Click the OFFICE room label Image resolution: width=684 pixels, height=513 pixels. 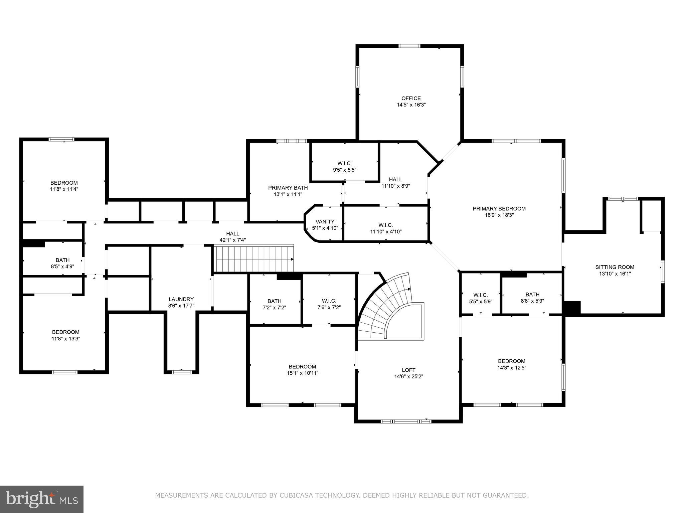411,98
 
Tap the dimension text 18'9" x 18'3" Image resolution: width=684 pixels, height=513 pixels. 499,215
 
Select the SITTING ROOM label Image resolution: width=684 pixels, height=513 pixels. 615,267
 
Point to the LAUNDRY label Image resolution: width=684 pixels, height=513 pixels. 181,299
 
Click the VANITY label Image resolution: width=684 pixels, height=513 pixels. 325,221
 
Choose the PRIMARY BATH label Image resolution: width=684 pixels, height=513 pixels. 288,188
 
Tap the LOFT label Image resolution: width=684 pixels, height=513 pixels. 408,370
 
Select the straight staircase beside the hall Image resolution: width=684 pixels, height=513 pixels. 254,259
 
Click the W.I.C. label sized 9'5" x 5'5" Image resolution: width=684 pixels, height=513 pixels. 344,163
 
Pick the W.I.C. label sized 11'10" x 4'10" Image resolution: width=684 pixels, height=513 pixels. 386,225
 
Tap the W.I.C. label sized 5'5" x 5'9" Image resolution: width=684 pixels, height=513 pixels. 480,295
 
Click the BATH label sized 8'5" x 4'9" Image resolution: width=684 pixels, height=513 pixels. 62,260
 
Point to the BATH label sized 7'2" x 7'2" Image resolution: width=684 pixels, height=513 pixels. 274,301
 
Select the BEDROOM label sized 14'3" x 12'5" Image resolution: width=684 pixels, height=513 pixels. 511,361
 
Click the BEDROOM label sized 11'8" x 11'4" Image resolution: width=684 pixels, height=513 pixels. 64,183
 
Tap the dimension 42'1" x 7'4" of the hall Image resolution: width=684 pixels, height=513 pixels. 232,240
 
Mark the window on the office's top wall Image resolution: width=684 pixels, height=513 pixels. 409,46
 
